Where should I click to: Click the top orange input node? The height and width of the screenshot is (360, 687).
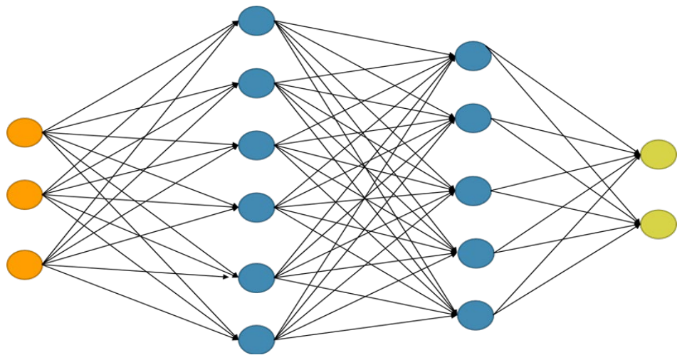[x=25, y=132]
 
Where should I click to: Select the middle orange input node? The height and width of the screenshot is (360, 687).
[x=25, y=194]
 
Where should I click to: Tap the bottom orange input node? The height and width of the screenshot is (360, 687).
[x=25, y=264]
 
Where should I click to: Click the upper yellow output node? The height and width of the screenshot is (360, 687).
[x=658, y=154]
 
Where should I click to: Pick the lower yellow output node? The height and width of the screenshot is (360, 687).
[x=658, y=224]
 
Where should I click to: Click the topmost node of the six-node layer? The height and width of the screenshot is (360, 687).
[x=256, y=21]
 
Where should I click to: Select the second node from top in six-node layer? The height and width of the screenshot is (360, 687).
[x=256, y=83]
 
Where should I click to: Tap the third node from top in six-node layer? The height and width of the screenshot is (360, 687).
[x=256, y=145]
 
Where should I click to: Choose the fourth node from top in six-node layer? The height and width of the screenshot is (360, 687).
[x=256, y=207]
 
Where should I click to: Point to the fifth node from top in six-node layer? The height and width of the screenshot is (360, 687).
[x=256, y=277]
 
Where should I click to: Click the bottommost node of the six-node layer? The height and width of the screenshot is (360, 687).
[x=256, y=339]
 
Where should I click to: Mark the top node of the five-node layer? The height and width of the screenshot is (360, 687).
[x=473, y=56]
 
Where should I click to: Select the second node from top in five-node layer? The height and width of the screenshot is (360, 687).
[x=473, y=118]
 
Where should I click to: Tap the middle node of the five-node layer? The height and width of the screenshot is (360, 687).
[x=473, y=191]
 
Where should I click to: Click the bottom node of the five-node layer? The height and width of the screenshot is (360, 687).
[x=474, y=315]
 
